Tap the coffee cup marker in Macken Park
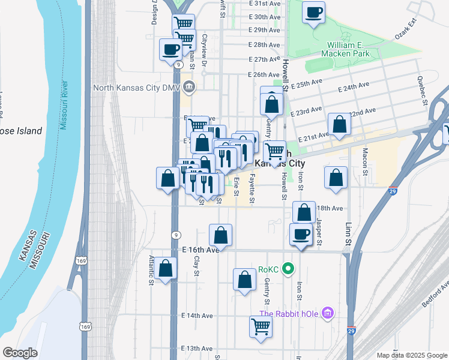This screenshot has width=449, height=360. pyautogui.click(x=313, y=13)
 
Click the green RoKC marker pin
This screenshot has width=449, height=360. pyautogui.click(x=288, y=270)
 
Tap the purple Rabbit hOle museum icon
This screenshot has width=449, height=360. pyautogui.click(x=327, y=313)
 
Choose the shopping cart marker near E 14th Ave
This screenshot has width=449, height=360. pyautogui.click(x=261, y=327)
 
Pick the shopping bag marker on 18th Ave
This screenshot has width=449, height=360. pyautogui.click(x=304, y=212)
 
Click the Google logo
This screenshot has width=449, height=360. pyautogui.click(x=20, y=353)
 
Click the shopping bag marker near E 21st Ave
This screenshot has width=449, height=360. pyautogui.click(x=339, y=125)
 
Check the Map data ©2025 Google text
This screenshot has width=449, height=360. pyautogui.click(x=411, y=355)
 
